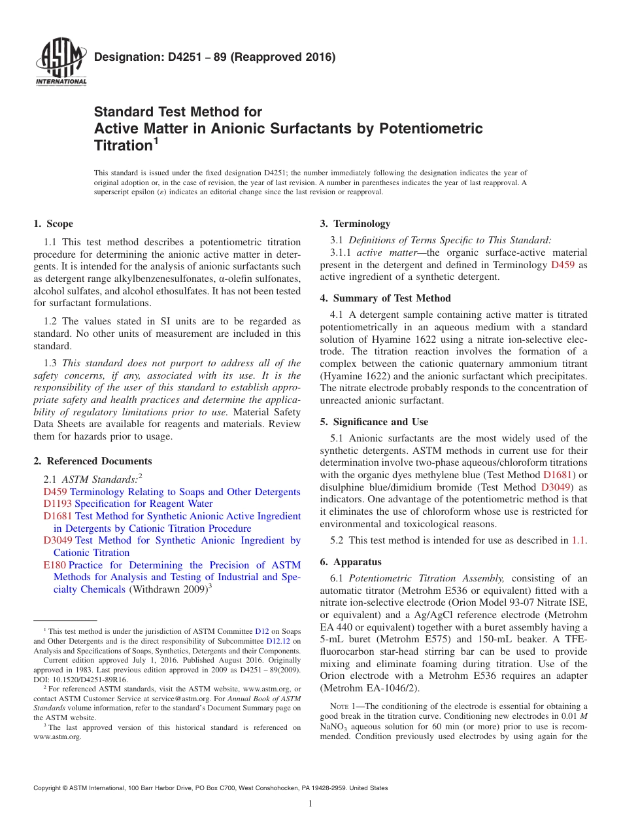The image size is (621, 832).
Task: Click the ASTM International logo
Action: (60, 63)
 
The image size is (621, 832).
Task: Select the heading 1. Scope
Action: (54, 224)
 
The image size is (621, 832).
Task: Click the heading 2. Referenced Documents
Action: (93, 461)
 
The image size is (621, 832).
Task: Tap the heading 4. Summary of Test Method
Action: (385, 298)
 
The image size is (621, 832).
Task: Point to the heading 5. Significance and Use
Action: (374, 422)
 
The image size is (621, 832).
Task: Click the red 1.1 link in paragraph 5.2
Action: (579, 540)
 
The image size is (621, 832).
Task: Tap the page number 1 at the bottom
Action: (310, 804)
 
